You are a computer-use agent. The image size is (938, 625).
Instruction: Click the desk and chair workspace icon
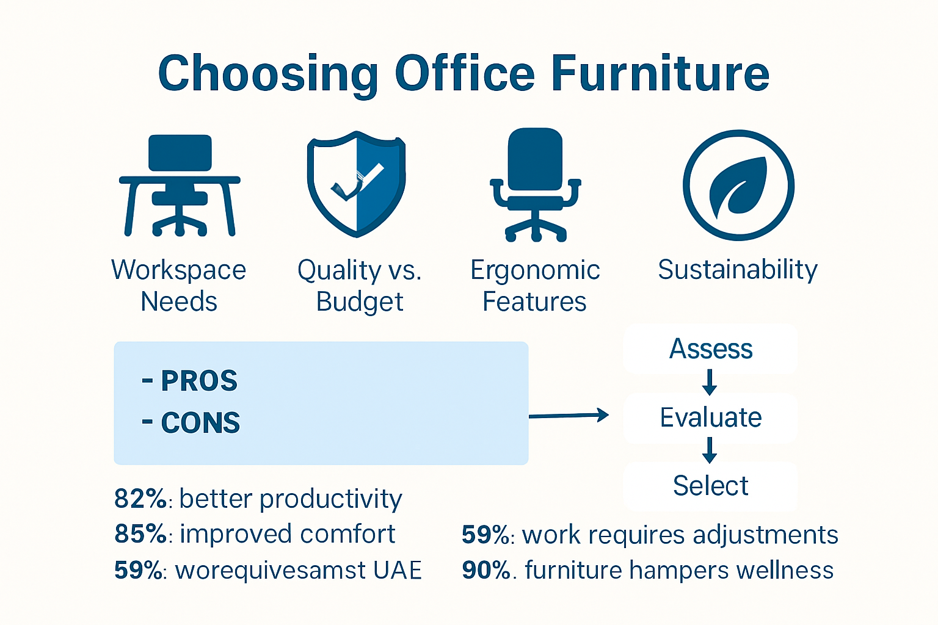180,186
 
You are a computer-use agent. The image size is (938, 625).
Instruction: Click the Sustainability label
737,270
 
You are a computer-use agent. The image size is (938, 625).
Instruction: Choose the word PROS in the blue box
198,381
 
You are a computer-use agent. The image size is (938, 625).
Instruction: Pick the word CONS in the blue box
200,423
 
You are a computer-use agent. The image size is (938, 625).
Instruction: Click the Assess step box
711,349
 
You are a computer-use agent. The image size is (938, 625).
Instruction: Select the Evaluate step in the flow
711,418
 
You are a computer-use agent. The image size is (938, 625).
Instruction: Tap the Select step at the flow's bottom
711,486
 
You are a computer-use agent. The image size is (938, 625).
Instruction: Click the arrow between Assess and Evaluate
710,383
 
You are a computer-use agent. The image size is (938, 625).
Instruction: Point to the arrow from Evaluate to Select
710,451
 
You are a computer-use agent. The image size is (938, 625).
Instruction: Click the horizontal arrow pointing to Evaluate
569,416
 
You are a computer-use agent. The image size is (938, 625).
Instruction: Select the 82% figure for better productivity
140,499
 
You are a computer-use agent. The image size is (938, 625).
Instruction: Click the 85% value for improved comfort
140,534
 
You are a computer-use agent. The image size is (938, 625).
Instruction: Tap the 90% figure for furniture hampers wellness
485,570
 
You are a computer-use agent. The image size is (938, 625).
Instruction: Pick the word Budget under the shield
360,302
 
